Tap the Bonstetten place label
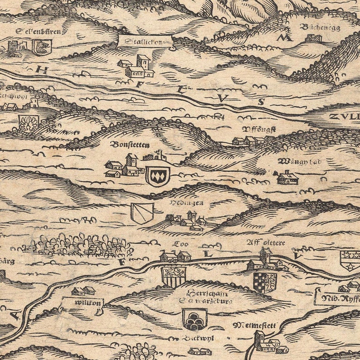pyautogui.click(x=128, y=145)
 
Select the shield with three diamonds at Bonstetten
pyautogui.click(x=157, y=175)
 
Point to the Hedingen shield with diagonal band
pyautogui.click(x=142, y=213)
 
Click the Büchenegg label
pyautogui.click(x=320, y=27)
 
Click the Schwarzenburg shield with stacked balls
pyautogui.click(x=195, y=319)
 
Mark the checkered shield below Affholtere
pyautogui.click(x=265, y=282)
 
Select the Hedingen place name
pyautogui.click(x=187, y=203)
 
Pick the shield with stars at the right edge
pyautogui.click(x=350, y=260)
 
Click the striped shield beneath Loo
pyautogui.click(x=173, y=276)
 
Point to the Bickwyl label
pyautogui.click(x=199, y=338)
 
